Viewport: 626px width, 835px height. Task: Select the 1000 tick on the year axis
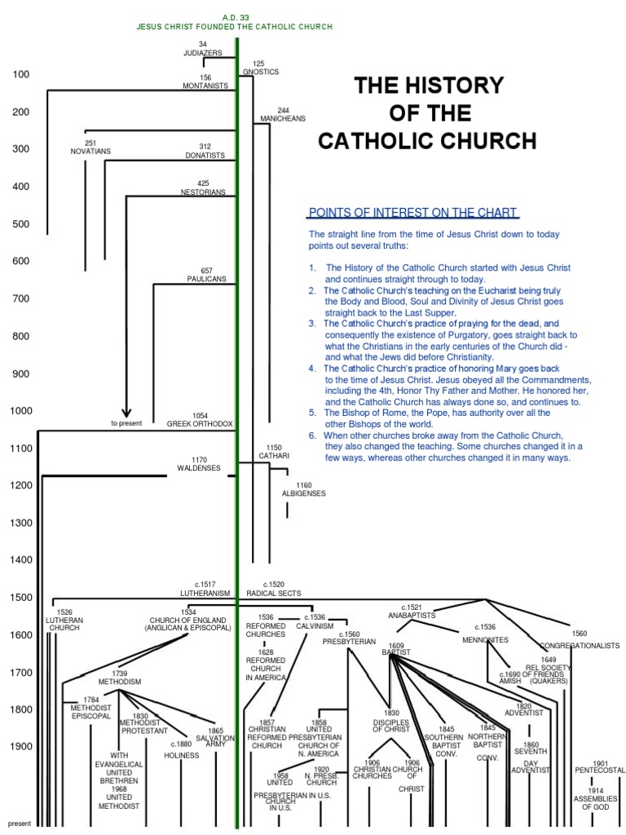[x=20, y=411]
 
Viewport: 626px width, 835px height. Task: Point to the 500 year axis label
[x=20, y=224]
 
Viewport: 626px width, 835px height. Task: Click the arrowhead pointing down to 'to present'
[x=126, y=412]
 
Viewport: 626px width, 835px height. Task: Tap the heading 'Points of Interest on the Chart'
[x=412, y=214]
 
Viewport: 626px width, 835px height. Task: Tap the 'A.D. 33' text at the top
[x=235, y=17]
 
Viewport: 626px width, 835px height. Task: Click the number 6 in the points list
[x=312, y=435]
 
